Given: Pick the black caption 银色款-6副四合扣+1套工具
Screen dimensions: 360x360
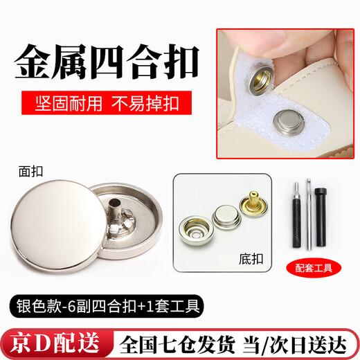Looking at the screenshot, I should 108,305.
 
